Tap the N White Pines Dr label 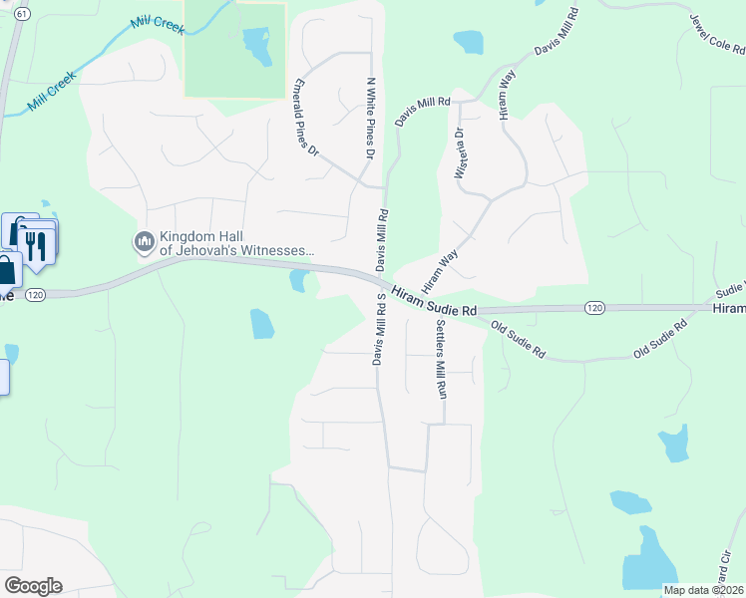coord(371,120)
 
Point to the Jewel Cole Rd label coord(716,34)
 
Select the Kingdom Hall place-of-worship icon coord(145,241)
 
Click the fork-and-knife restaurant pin coord(37,243)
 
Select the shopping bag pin coord(6,270)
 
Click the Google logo coord(33,586)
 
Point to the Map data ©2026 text coord(703,590)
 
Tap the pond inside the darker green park coord(257,44)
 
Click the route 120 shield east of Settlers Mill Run coord(594,308)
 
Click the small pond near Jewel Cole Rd coord(468,42)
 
